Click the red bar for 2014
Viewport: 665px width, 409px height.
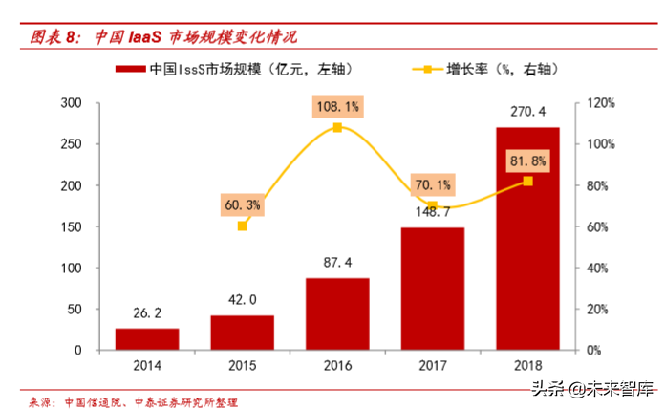pos(146,339)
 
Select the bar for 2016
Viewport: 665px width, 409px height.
pos(337,314)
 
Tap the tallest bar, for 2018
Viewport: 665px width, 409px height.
pos(527,239)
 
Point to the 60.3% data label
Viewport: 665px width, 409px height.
pos(242,204)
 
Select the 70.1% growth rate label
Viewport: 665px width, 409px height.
pos(432,183)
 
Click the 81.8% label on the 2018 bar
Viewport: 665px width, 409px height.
pos(527,160)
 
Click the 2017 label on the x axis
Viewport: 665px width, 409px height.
pos(432,365)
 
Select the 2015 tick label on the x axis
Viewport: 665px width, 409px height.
pos(242,365)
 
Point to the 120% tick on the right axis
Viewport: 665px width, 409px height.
pos(599,103)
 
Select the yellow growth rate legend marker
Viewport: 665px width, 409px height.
pos(426,70)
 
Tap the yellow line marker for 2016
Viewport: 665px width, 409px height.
pos(337,127)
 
